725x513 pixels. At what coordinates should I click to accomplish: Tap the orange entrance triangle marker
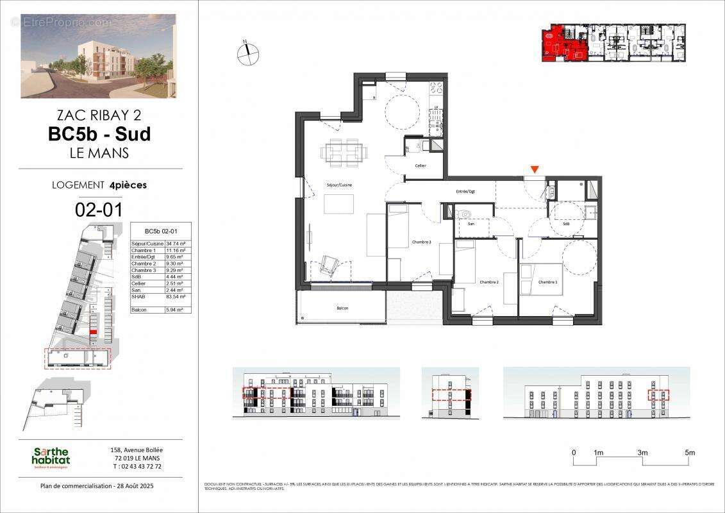click(535, 170)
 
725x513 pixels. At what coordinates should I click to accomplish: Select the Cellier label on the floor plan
click(421, 165)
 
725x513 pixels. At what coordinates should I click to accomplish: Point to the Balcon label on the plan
click(342, 308)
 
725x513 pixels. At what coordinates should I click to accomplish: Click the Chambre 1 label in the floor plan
click(547, 282)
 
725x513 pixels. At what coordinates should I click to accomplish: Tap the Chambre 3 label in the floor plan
click(421, 242)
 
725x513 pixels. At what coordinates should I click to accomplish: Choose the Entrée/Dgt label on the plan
click(465, 191)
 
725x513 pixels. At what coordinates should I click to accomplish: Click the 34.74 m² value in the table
click(176, 244)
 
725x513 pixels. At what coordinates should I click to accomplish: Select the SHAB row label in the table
click(138, 297)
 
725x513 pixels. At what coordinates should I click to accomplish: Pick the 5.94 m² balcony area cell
click(176, 310)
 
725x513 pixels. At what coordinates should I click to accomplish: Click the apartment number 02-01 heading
click(99, 209)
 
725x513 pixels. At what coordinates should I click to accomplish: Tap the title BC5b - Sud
click(99, 134)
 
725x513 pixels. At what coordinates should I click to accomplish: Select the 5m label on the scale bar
click(690, 453)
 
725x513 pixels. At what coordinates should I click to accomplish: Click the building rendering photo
click(98, 56)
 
